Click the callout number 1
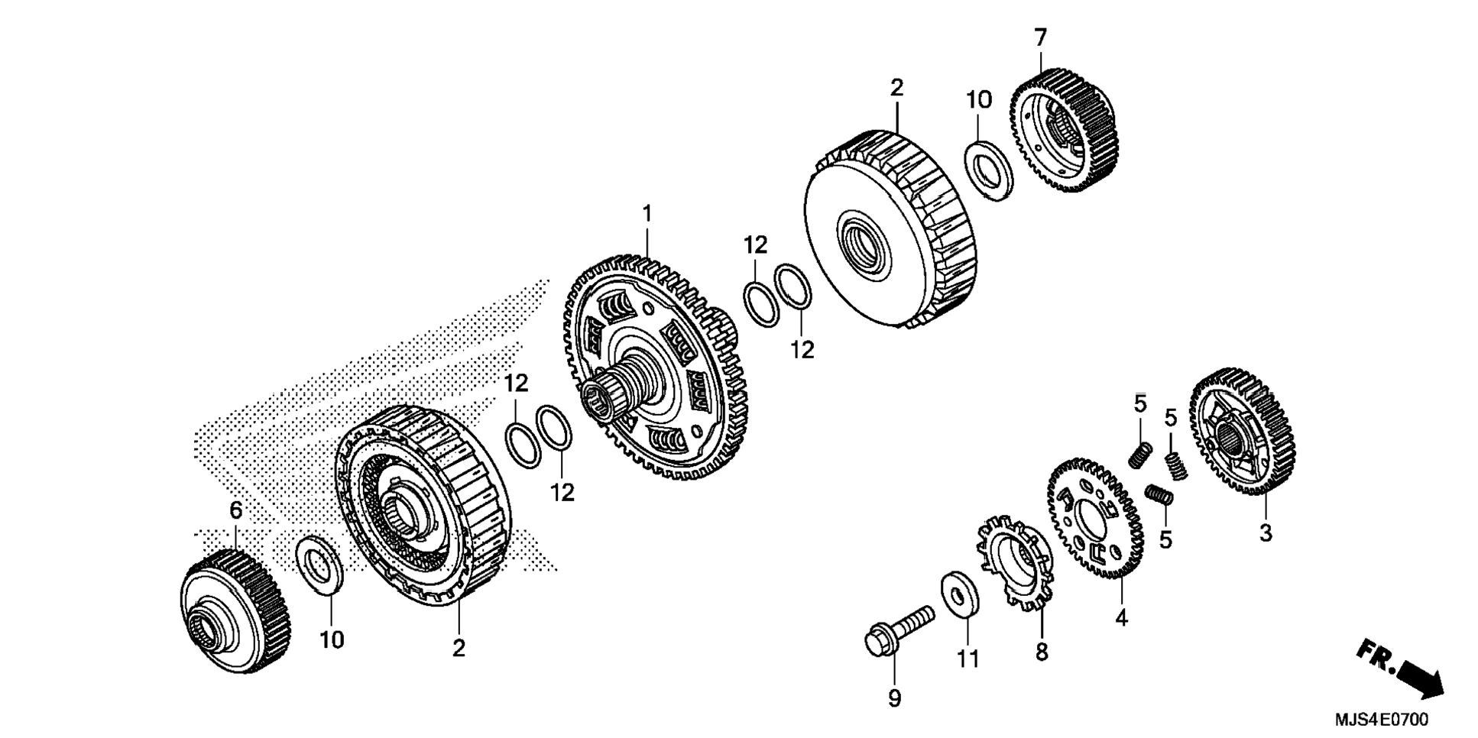click(647, 215)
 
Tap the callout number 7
click(1040, 37)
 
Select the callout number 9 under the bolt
click(894, 698)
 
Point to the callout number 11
click(968, 659)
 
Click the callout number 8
click(1042, 652)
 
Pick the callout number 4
click(1121, 618)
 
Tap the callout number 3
click(1266, 533)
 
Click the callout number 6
click(235, 510)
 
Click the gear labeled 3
click(1241, 432)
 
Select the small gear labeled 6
click(235, 611)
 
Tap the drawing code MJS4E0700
click(1381, 720)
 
